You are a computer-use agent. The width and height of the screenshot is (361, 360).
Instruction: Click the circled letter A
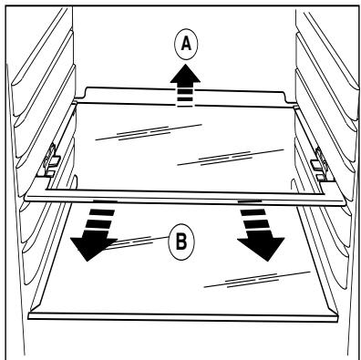pos(186,45)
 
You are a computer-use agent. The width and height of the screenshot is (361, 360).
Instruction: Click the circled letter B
pos(181,242)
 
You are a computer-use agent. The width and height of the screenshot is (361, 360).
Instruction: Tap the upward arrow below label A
pos(185,86)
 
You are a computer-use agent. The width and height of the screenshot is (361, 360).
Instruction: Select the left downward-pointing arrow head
pos(90,246)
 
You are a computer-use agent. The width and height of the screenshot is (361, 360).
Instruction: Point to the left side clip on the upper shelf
pos(51,159)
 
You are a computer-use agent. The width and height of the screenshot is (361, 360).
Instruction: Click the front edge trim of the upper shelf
pos(185,200)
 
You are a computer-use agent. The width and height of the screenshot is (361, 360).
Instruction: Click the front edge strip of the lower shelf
pos(183,316)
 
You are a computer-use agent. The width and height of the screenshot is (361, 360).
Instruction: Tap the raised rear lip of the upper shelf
pos(185,96)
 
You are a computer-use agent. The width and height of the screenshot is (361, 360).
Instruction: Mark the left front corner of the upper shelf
pos(26,197)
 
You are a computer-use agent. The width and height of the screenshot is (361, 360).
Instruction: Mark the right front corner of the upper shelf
pos(346,202)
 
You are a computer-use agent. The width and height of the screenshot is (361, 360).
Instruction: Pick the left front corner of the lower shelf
pos(29,315)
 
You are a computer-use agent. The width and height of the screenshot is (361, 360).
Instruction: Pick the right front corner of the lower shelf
pos(337,318)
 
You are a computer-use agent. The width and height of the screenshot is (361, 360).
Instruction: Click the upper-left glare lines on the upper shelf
pos(149,132)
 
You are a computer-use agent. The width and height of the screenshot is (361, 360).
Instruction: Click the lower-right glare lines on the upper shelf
pos(231,157)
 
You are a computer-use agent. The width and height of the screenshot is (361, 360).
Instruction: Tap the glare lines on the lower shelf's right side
pos(257,279)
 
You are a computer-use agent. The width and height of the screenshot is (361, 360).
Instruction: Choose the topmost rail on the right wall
pos(326,46)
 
